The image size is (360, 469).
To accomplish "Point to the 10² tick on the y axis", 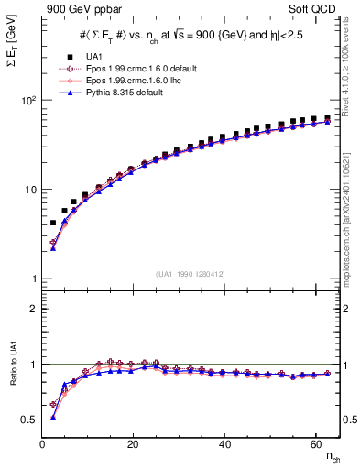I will coord(27,99).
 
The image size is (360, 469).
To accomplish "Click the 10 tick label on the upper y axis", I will coord(29,189).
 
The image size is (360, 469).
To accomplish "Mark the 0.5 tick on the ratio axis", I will coord(29,420).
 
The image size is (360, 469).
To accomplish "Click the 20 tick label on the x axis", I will coord(134,445).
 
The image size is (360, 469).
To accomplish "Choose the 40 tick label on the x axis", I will coord(225,445).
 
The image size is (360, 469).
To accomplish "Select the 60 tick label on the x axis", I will coord(316,445).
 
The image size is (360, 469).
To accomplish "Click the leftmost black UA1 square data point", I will coord(53,223).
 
